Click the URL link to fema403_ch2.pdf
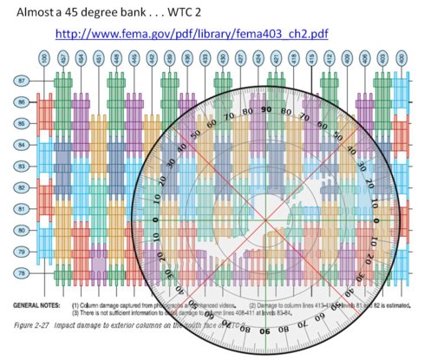click(x=192, y=34)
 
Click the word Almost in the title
click(x=29, y=11)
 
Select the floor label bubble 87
click(x=22, y=80)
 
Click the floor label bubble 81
click(x=22, y=209)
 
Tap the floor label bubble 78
click(x=22, y=273)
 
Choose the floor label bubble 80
click(x=22, y=230)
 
